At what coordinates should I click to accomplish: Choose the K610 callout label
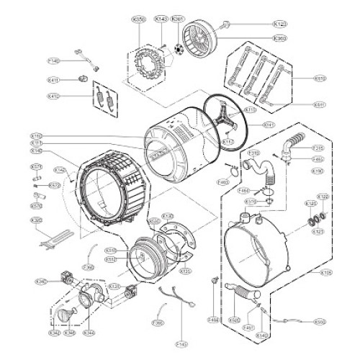click(x=320, y=78)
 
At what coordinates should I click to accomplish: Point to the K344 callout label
click(x=89, y=333)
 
